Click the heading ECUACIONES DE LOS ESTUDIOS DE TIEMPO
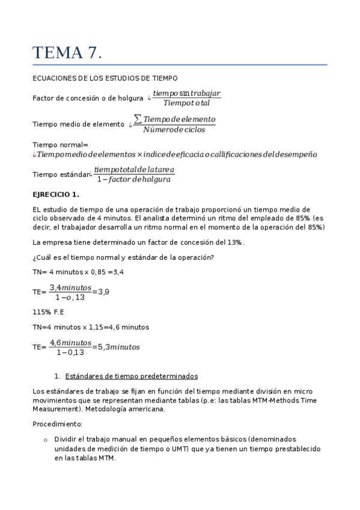click(x=105, y=78)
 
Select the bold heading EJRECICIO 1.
click(x=55, y=194)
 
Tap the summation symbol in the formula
click(x=138, y=119)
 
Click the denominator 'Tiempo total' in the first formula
click(x=187, y=103)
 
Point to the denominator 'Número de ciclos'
click(x=174, y=129)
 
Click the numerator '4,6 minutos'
click(x=70, y=342)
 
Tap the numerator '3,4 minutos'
click(x=70, y=287)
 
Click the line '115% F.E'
click(x=48, y=312)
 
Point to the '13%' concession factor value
click(x=234, y=242)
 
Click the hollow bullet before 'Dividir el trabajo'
click(x=46, y=440)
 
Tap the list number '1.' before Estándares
click(x=57, y=376)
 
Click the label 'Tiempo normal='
click(x=60, y=144)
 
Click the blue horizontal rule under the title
click(x=180, y=64)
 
